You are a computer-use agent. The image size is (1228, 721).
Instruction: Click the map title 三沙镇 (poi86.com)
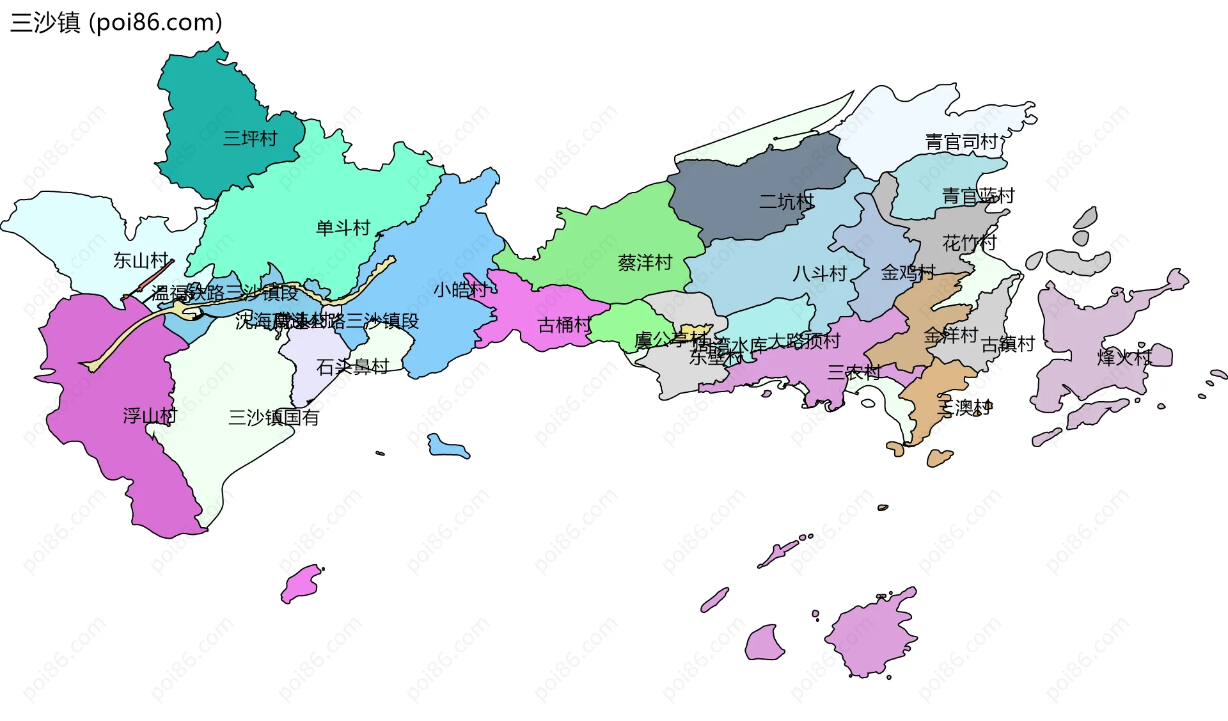(116, 23)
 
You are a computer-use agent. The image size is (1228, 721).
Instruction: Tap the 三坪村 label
(250, 138)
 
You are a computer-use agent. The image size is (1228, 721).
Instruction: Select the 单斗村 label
(343, 228)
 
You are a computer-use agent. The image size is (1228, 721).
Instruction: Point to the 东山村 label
(141, 260)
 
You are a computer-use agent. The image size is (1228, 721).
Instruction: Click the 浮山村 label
(150, 416)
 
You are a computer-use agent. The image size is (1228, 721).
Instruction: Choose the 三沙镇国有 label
(274, 418)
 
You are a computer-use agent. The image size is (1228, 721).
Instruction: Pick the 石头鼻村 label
(352, 367)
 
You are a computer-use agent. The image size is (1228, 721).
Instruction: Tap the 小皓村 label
(460, 290)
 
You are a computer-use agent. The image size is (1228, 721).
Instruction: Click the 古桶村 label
(565, 325)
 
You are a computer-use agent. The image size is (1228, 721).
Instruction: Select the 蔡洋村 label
(645, 262)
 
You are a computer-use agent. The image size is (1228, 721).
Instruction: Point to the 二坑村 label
(786, 202)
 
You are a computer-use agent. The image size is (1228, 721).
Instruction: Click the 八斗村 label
(819, 274)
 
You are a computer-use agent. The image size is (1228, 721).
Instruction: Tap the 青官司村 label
(961, 141)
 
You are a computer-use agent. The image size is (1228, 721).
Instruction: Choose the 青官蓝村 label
(978, 196)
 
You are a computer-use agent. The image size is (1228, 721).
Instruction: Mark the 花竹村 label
(969, 243)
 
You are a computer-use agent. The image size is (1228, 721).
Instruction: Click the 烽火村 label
(1124, 357)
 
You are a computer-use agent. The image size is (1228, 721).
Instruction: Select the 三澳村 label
(964, 408)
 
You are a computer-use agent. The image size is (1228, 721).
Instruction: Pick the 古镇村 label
(1008, 344)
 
